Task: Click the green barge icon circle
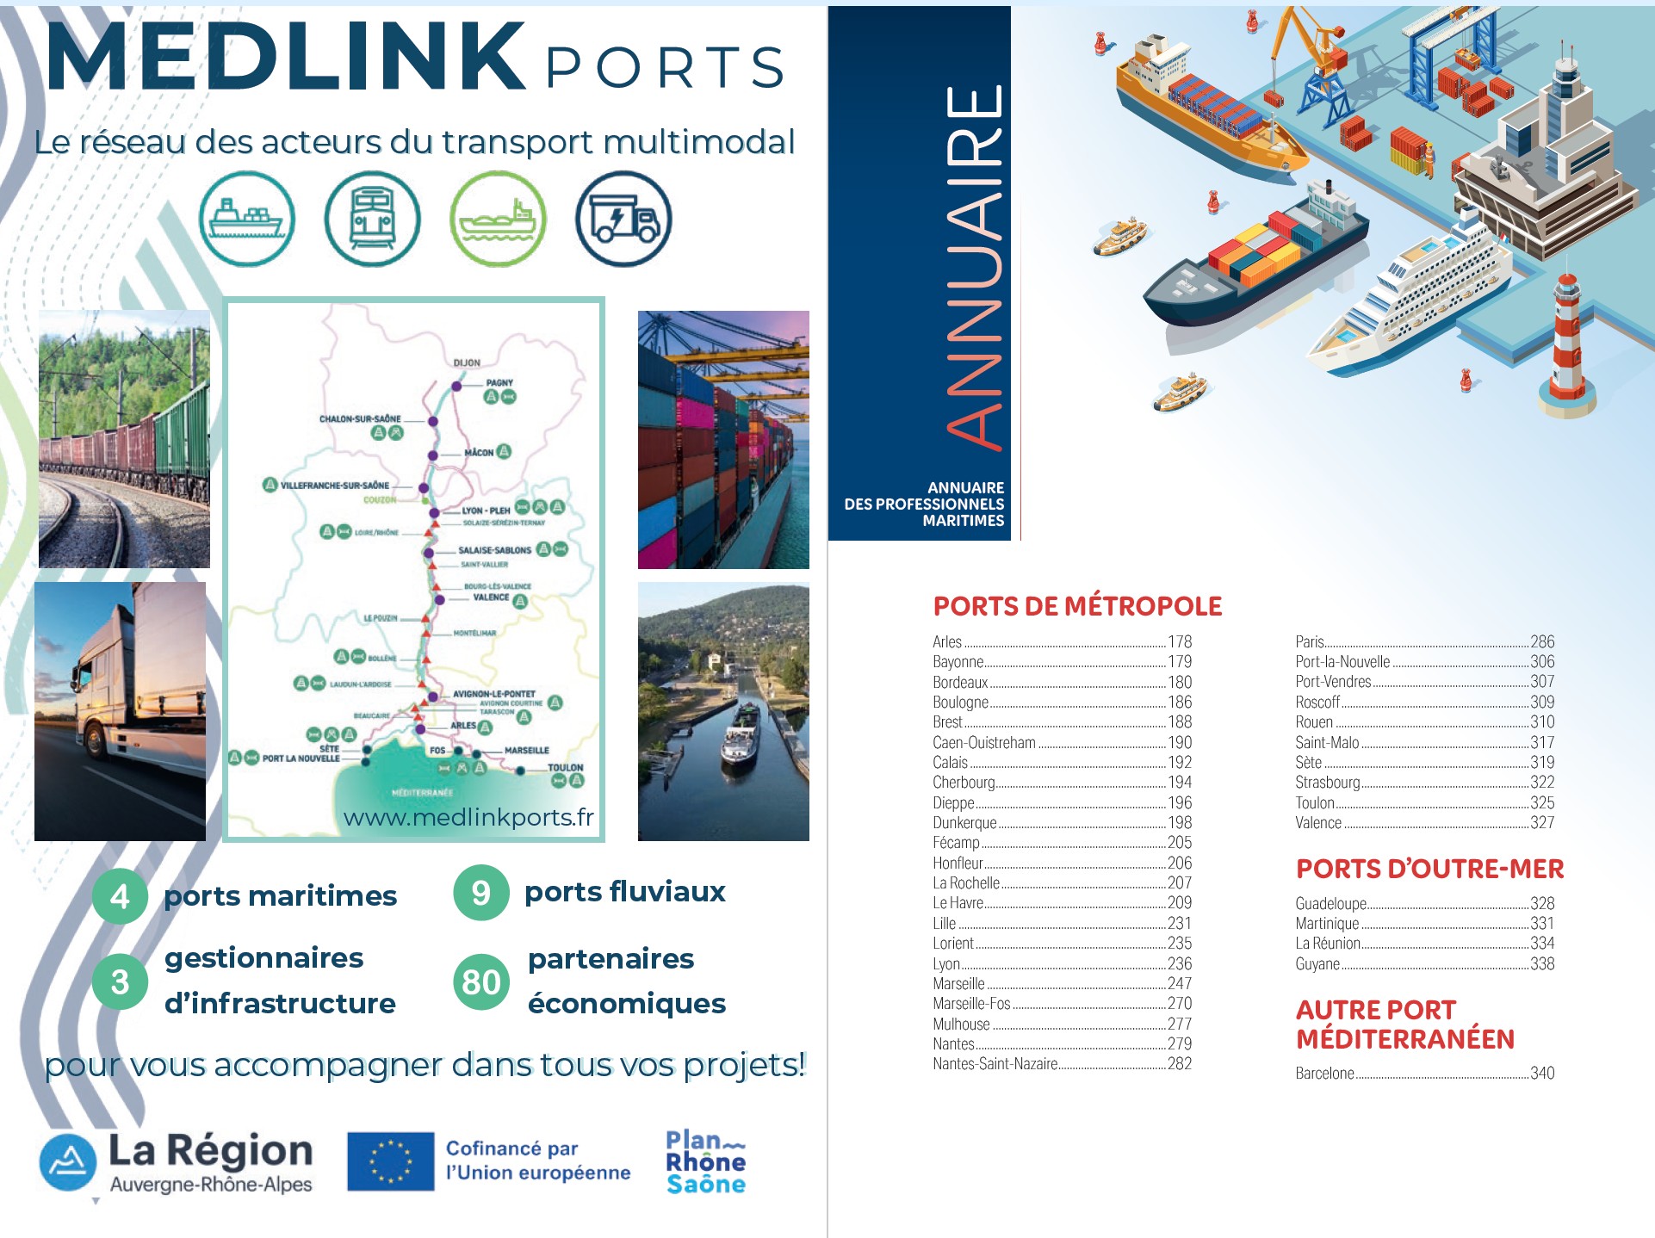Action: [x=498, y=219]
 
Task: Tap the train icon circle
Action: [x=372, y=219]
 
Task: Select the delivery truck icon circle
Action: [x=623, y=219]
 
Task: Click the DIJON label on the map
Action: [x=467, y=362]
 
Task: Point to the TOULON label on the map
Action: [x=566, y=767]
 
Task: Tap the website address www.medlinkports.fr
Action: [x=468, y=817]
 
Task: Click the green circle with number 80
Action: [x=480, y=981]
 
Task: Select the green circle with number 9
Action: [x=480, y=893]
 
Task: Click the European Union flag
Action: [x=390, y=1161]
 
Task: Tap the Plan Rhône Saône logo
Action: [x=705, y=1162]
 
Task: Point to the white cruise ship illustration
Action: [x=1412, y=297]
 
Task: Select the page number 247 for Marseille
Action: [x=1180, y=983]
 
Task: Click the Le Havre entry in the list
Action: [x=958, y=903]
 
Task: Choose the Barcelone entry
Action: [x=1324, y=1074]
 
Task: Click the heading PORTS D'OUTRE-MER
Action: [x=1429, y=869]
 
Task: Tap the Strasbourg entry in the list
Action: [x=1328, y=783]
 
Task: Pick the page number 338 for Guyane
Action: [x=1542, y=964]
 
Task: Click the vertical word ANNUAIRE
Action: [x=974, y=267]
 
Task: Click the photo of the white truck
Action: [x=121, y=711]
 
